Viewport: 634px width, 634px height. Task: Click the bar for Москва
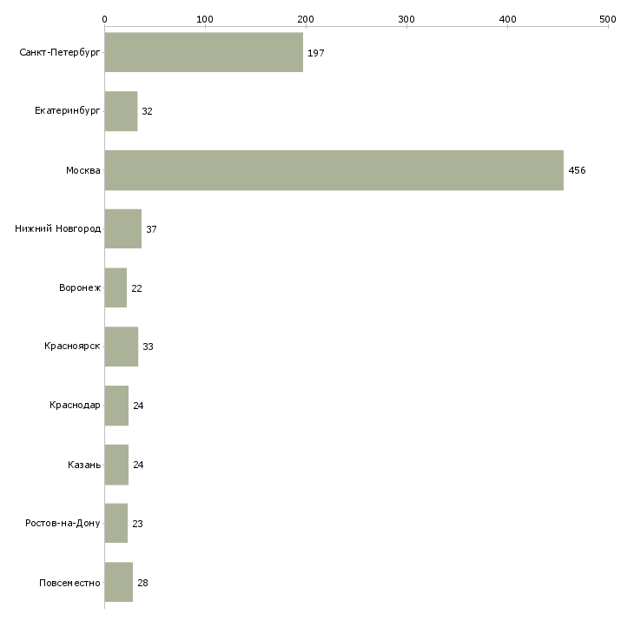(334, 170)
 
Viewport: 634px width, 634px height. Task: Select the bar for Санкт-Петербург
(203, 53)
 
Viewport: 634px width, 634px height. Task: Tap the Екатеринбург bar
(121, 111)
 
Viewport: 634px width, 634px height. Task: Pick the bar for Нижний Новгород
(122, 229)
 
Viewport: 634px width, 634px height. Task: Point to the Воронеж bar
(116, 287)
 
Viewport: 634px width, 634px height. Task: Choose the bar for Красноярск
(121, 347)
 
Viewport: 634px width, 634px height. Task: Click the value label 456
(577, 170)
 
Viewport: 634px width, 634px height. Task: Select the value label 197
(315, 53)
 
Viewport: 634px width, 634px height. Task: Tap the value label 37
(151, 229)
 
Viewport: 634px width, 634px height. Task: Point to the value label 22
(136, 287)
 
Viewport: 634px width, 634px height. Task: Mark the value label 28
(142, 582)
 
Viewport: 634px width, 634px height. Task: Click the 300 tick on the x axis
(406, 18)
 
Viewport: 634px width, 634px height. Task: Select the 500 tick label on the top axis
(607, 18)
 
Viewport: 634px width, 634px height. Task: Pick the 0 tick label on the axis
(104, 18)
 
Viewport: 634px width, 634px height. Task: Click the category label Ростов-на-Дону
(63, 523)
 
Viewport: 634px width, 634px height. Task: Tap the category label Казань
(84, 465)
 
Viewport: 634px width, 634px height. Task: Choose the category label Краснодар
(75, 406)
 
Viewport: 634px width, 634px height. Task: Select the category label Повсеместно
(69, 582)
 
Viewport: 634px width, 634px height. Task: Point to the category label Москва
(83, 170)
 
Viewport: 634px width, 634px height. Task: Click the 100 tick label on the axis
(205, 18)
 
